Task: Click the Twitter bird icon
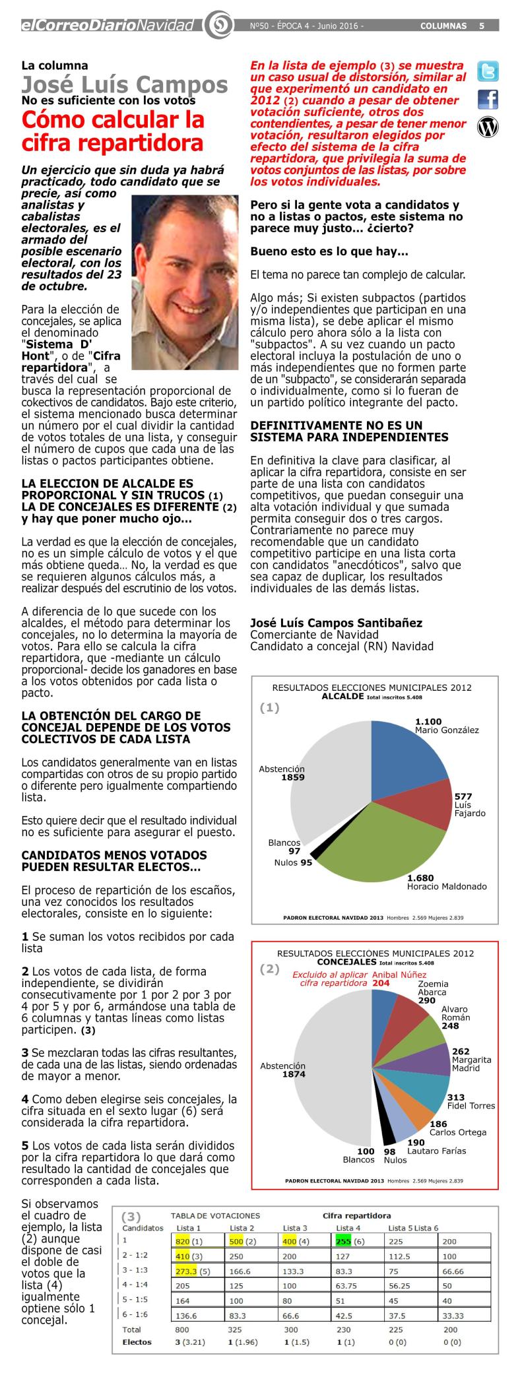(488, 71)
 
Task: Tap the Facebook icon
(488, 99)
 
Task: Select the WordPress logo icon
(488, 127)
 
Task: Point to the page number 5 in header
(482, 26)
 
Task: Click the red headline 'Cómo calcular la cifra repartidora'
(113, 131)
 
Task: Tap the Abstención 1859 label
(282, 773)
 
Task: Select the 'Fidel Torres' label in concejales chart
(471, 1105)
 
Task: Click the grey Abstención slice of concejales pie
(330, 1069)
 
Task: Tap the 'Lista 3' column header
(294, 1227)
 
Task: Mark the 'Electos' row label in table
(137, 1341)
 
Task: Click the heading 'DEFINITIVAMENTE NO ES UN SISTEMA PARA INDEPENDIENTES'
(349, 431)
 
